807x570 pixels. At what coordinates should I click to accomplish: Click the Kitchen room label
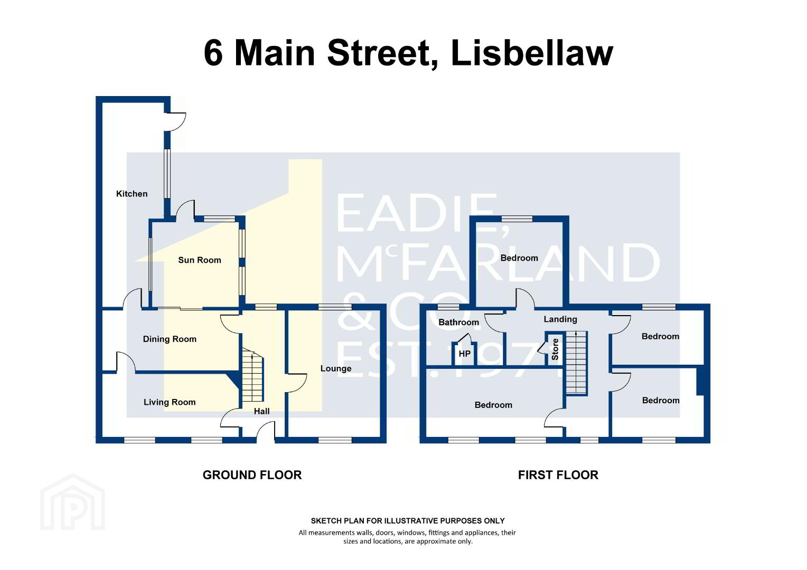click(x=132, y=194)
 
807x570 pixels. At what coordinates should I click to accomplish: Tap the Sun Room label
click(x=199, y=260)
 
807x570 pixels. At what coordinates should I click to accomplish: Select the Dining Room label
click(x=170, y=339)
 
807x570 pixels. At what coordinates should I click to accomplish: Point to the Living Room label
click(x=170, y=402)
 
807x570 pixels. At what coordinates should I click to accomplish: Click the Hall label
click(x=261, y=411)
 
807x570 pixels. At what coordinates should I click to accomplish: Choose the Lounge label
click(x=336, y=368)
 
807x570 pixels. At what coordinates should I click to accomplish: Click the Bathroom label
click(x=458, y=322)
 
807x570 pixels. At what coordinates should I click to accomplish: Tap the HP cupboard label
click(x=464, y=354)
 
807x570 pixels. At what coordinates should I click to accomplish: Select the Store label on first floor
click(x=555, y=349)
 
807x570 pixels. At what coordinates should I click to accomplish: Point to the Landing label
click(x=560, y=319)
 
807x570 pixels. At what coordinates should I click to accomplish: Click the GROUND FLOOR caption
click(x=252, y=475)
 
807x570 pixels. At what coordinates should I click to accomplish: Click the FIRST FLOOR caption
click(x=558, y=475)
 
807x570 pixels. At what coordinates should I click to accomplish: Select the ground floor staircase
click(x=252, y=376)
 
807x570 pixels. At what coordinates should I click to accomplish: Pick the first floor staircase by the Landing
click(x=576, y=363)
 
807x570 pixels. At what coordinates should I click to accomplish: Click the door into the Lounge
click(x=296, y=383)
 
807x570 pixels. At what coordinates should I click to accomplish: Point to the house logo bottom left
click(x=73, y=502)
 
